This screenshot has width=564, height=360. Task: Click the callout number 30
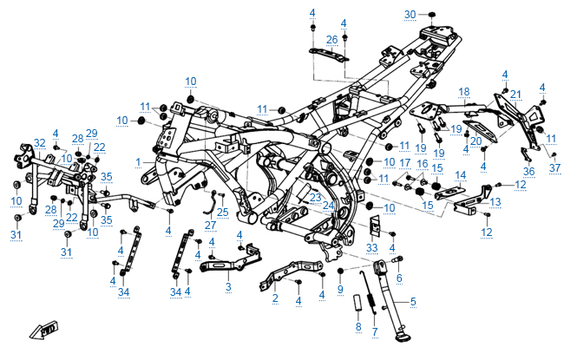[x=410, y=14]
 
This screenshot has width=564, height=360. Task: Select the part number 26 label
[x=331, y=40]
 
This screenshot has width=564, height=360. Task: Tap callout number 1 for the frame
[x=138, y=162]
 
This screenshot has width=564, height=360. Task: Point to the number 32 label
[x=39, y=143]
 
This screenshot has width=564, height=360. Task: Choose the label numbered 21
[x=515, y=95]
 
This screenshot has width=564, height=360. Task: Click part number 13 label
[x=495, y=202]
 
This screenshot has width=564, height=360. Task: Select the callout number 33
[x=372, y=248]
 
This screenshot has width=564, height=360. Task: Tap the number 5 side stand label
[x=412, y=301]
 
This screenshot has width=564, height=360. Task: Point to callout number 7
[x=375, y=331]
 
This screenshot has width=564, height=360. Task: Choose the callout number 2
[x=275, y=298]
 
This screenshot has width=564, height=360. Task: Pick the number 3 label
[x=227, y=286]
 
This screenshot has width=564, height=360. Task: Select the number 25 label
[x=223, y=211]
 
